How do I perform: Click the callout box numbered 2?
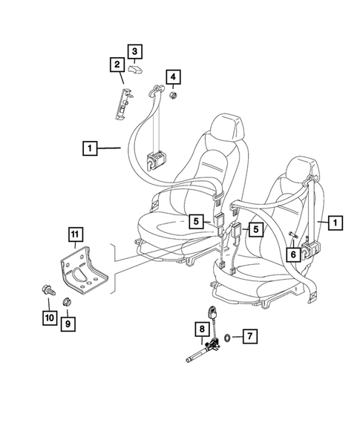pyautogui.click(x=117, y=65)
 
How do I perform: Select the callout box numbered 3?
pyautogui.click(x=134, y=51)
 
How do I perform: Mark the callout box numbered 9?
pyautogui.click(x=68, y=323)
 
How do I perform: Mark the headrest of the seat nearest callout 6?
pyautogui.click(x=300, y=172)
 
